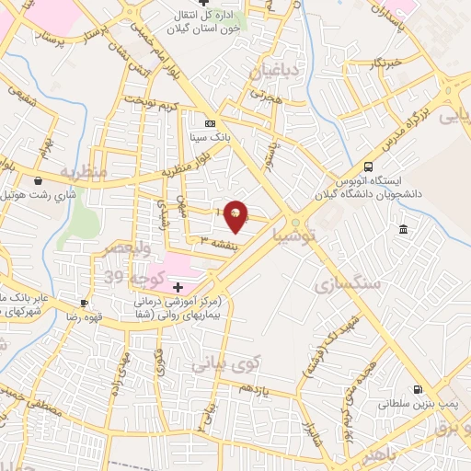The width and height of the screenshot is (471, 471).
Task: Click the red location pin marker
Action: coord(236,215)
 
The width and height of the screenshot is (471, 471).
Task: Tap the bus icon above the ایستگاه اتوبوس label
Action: coord(369,167)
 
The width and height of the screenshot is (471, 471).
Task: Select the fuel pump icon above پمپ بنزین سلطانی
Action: coord(419,389)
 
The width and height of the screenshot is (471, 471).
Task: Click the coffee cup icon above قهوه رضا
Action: coord(84,303)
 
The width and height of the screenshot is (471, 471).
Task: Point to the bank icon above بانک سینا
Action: coord(211,122)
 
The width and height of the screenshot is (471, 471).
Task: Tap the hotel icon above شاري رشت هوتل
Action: coord(38,181)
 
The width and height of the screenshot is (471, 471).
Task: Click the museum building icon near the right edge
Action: coord(403,229)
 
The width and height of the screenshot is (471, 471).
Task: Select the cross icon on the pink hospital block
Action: coord(178,288)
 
